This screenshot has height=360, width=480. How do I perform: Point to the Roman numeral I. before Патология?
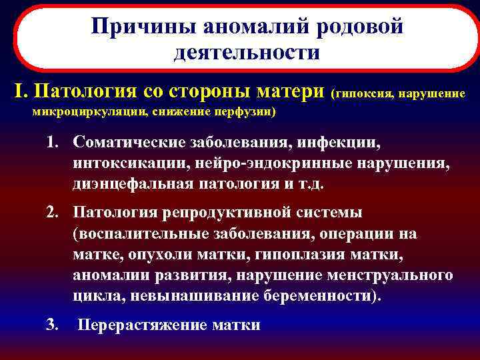pos(20,90)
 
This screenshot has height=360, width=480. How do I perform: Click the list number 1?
pos(53,142)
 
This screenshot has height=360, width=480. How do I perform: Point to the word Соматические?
pos(128,142)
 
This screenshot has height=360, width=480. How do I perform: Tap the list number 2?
pos(53,213)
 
